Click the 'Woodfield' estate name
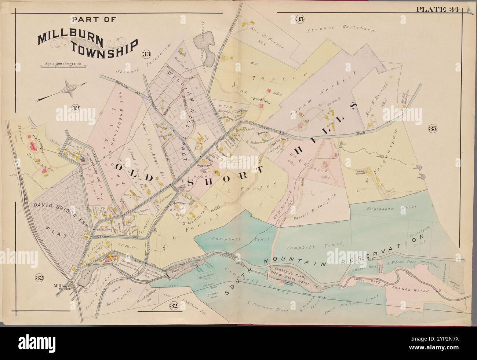[261, 99]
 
